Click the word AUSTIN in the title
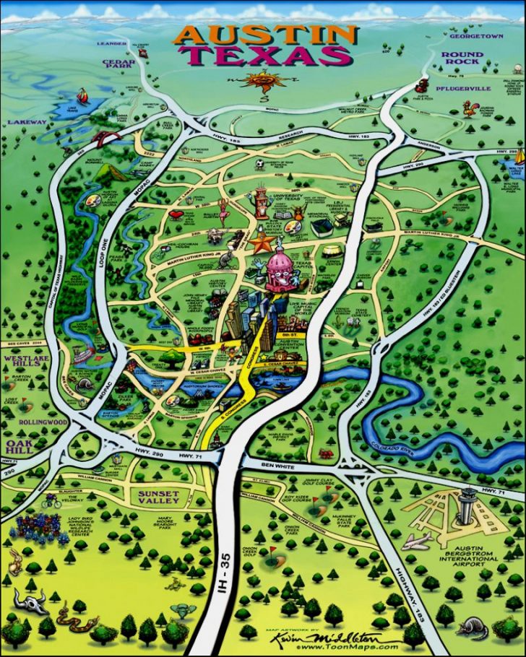click(x=266, y=35)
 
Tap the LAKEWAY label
click(x=27, y=122)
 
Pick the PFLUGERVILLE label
click(x=462, y=88)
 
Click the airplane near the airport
click(x=417, y=541)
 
